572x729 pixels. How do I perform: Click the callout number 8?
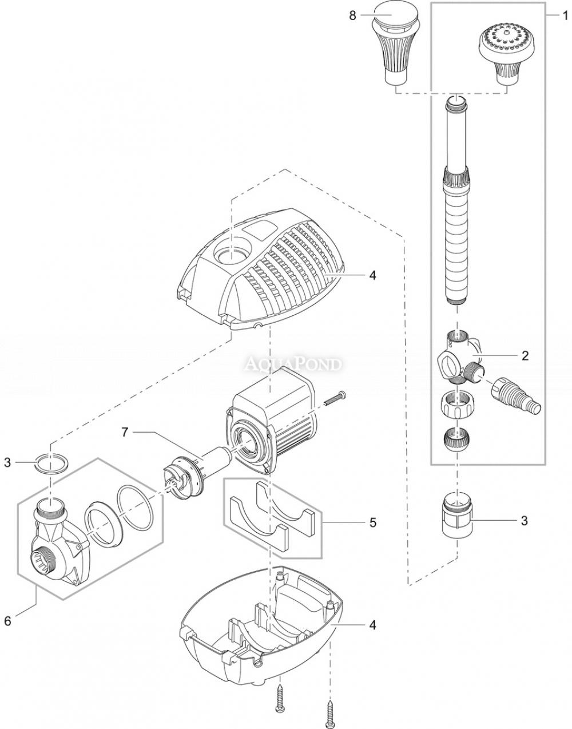click(352, 15)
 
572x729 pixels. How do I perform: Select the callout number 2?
click(525, 355)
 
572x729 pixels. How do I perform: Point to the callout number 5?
click(373, 522)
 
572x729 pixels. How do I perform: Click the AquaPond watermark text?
click(293, 363)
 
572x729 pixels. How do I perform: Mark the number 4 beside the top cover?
click(372, 275)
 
